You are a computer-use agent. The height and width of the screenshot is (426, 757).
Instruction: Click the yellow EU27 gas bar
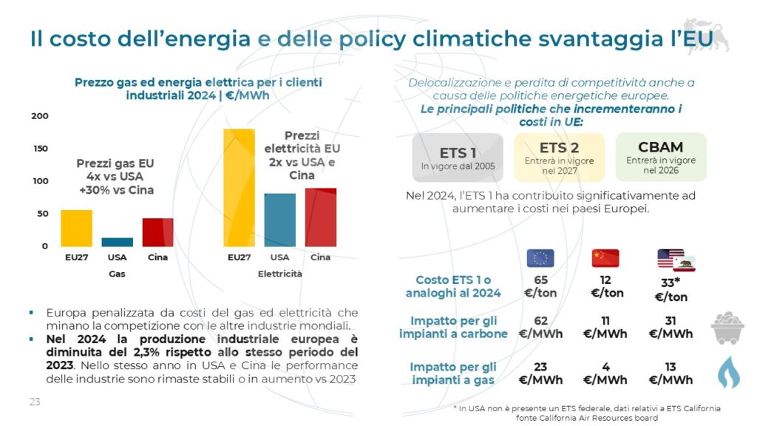click(76, 228)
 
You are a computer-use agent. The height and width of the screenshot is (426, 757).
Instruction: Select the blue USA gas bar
click(117, 242)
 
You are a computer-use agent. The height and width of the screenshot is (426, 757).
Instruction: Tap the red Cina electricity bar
click(320, 217)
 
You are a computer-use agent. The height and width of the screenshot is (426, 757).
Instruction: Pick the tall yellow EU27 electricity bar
click(239, 188)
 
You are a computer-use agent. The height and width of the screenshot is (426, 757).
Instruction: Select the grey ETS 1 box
click(458, 158)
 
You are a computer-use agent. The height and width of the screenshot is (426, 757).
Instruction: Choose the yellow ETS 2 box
click(559, 158)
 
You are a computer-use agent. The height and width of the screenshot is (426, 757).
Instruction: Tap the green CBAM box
click(661, 158)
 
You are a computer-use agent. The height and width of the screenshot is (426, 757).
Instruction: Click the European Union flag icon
click(540, 258)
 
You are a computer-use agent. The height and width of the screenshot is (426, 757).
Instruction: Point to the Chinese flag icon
click(605, 258)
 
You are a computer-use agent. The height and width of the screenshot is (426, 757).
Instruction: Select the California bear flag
click(683, 264)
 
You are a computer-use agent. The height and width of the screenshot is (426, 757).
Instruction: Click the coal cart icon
click(727, 327)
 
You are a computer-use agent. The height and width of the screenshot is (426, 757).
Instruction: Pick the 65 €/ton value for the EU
click(540, 286)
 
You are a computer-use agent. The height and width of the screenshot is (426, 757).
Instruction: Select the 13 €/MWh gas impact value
click(671, 373)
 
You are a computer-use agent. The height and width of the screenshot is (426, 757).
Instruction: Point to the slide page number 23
click(35, 402)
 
